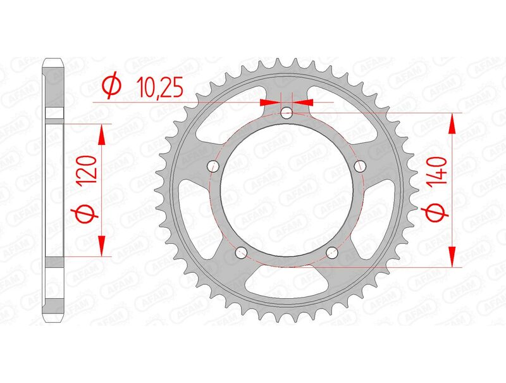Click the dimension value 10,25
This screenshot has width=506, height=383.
(159, 87)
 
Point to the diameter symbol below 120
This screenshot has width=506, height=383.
(89, 216)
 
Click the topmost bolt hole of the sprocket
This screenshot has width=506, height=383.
(287, 113)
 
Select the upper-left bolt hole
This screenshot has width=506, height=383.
(213, 166)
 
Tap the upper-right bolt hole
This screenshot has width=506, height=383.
(361, 166)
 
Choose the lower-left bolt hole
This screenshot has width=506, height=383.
(241, 253)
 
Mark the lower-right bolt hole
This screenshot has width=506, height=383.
(333, 253)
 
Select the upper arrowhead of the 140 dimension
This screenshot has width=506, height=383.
(452, 123)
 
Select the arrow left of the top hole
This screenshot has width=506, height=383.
(269, 101)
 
